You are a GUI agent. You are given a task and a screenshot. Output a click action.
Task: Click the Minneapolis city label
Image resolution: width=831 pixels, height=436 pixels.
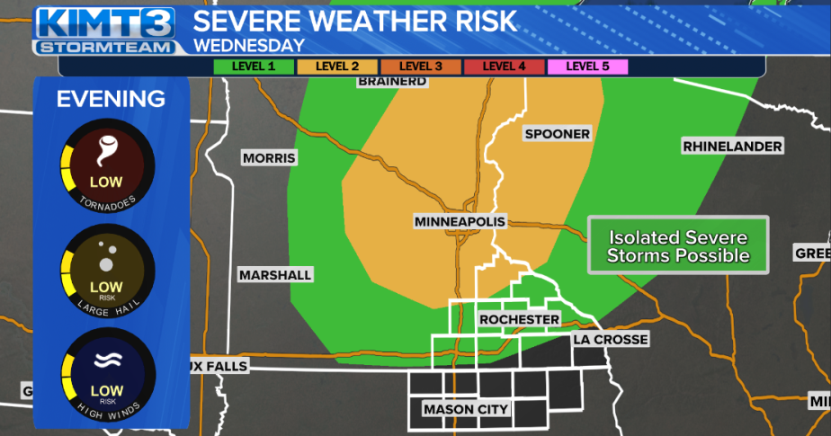(460, 221)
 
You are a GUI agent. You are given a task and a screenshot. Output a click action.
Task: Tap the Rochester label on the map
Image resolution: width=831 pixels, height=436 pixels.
(519, 320)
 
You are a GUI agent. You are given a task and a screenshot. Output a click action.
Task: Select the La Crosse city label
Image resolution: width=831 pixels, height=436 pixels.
(610, 340)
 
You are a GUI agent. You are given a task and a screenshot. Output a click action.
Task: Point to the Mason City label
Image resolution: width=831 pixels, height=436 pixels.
(466, 410)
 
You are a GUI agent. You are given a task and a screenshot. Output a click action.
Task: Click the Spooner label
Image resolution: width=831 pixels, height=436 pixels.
(557, 134)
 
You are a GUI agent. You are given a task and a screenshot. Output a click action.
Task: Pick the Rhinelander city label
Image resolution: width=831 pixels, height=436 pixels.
(731, 146)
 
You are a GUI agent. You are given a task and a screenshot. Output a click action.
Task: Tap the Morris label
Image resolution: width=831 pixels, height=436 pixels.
(269, 158)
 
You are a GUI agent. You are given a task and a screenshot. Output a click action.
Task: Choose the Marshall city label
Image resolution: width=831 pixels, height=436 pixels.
(275, 275)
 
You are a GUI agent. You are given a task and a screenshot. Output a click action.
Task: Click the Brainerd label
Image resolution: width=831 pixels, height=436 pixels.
(391, 82)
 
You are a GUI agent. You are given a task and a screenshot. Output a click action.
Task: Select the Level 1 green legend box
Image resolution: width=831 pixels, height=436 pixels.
(254, 66)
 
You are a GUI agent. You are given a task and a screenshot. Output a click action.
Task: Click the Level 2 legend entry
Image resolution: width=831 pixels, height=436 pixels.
(337, 66)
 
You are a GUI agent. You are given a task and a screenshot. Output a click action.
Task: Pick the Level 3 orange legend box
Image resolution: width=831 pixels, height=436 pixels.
(421, 66)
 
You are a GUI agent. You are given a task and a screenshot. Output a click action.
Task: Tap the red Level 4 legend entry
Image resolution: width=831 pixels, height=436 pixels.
(505, 66)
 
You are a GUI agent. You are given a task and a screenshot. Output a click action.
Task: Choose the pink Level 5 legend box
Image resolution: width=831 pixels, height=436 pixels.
(587, 66)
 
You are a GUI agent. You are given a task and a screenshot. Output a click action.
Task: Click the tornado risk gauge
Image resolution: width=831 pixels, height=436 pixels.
(106, 165)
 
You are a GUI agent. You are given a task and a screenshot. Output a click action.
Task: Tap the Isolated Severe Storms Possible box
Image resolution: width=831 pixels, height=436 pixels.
(677, 245)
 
